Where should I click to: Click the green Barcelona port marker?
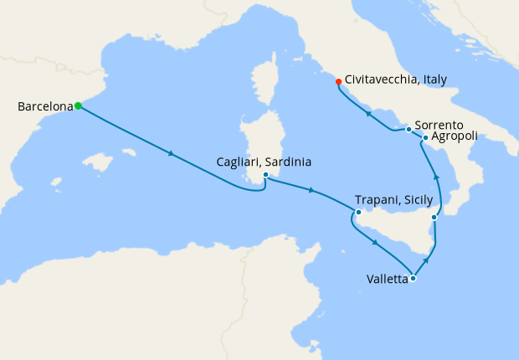pyautogui.click(x=78, y=105)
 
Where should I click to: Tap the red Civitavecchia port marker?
pyautogui.click(x=338, y=81)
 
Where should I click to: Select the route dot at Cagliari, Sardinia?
pyautogui.click(x=265, y=175)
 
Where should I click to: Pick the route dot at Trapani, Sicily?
pyautogui.click(x=358, y=212)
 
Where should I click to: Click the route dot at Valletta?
pyautogui.click(x=413, y=278)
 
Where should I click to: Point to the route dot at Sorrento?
pyautogui.click(x=409, y=129)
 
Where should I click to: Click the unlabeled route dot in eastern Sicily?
pyautogui.click(x=434, y=218)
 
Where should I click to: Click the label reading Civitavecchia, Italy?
pyautogui.click(x=396, y=80)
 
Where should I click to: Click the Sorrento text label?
pyautogui.click(x=439, y=124)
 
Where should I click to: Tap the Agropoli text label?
pyautogui.click(x=457, y=138)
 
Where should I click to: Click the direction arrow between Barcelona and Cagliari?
pyautogui.click(x=172, y=153)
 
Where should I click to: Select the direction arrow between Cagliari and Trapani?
pyautogui.click(x=311, y=191)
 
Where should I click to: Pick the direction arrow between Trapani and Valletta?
pyautogui.click(x=375, y=243)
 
